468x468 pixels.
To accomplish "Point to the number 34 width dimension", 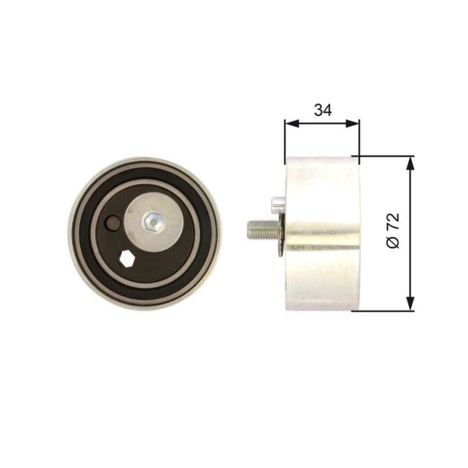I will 322,110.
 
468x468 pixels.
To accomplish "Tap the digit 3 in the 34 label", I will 318,110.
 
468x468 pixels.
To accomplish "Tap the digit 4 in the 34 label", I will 327,110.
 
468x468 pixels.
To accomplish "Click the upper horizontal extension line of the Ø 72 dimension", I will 385,156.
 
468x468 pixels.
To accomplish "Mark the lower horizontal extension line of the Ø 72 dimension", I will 385,311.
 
